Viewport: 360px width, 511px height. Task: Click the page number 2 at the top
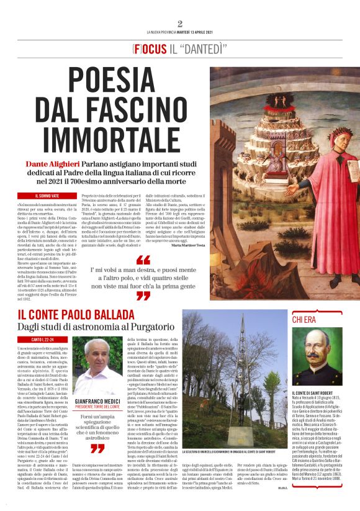pos(179,24)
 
